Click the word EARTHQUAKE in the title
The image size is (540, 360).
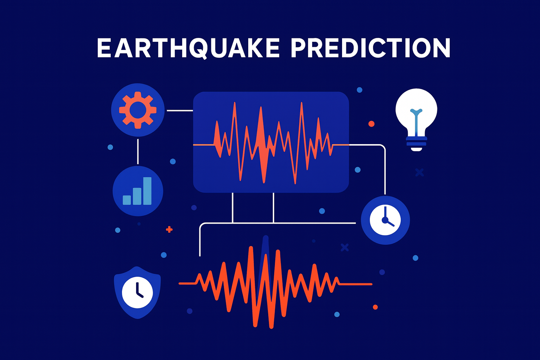click(188, 48)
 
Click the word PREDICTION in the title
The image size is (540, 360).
click(371, 48)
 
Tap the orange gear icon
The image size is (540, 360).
click(138, 110)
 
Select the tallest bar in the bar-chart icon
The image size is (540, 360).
click(147, 191)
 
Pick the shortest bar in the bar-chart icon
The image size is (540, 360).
click(127, 200)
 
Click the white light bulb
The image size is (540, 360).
click(416, 120)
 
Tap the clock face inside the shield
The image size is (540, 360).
click(137, 292)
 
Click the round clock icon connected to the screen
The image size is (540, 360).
click(385, 220)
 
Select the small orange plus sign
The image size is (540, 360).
click(169, 230)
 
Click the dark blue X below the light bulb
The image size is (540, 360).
click(420, 172)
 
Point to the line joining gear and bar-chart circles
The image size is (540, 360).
click(138, 152)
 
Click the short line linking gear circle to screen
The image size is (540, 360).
click(180, 111)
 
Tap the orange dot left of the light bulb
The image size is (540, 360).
click(371, 124)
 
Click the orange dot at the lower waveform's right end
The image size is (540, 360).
click(375, 307)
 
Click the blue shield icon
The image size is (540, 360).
click(137, 292)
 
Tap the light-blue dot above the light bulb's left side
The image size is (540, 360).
click(359, 90)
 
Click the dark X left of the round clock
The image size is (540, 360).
click(345, 247)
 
